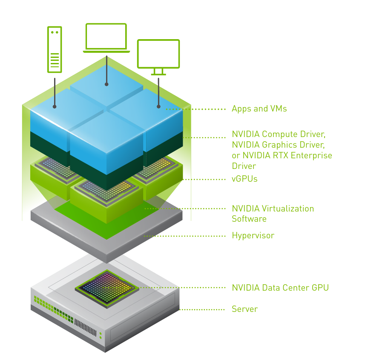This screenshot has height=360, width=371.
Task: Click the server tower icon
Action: [x=55, y=49]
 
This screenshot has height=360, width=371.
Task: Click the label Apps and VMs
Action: [x=259, y=109]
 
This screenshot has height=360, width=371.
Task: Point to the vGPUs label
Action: [x=244, y=179]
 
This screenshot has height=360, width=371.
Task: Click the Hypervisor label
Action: [x=253, y=235]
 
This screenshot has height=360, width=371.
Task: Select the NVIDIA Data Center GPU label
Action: [x=280, y=288]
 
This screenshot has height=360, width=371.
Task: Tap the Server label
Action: [x=244, y=309]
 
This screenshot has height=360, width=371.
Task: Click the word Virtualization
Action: [x=288, y=209]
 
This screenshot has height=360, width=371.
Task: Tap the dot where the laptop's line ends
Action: [x=106, y=84]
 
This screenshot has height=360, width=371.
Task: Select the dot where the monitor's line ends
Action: [x=158, y=106]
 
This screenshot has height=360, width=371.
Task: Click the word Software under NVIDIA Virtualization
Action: [x=249, y=219]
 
